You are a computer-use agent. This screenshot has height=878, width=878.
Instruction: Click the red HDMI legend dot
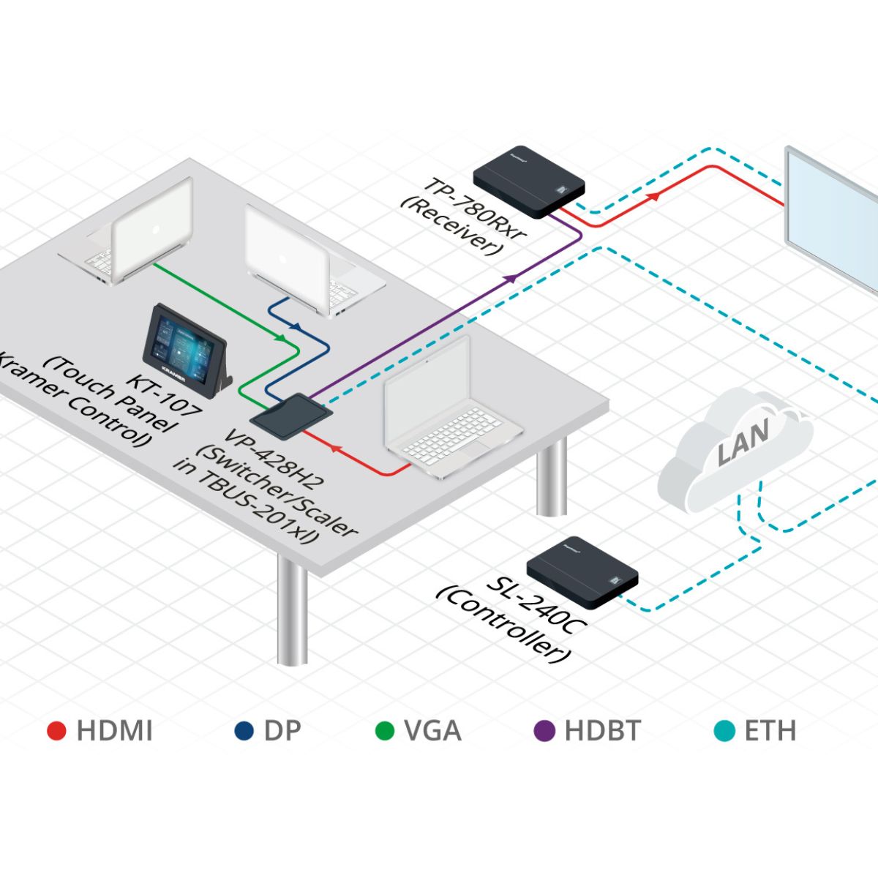57,731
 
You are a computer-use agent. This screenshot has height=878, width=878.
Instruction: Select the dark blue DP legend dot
244,731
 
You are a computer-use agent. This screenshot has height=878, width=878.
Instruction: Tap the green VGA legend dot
385,731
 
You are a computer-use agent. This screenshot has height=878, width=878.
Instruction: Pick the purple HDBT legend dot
544,731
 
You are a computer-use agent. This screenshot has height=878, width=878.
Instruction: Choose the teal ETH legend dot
724,731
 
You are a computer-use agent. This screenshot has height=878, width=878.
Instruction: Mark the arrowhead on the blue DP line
296,326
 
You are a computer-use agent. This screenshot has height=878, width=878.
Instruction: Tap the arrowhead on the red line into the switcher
335,446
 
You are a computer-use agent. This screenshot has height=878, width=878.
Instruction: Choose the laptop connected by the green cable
139,234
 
